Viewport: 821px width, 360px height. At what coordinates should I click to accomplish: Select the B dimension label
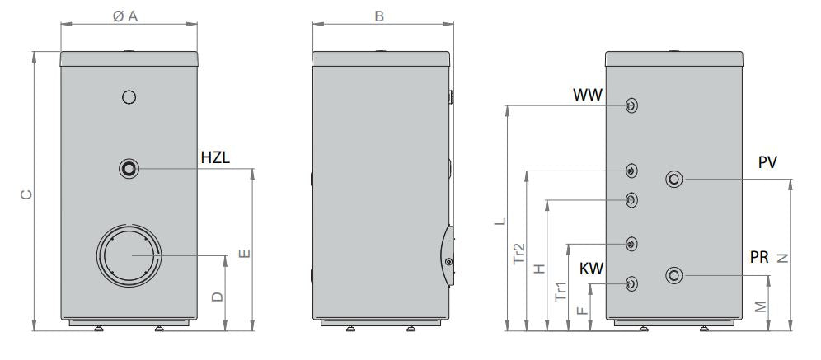379,16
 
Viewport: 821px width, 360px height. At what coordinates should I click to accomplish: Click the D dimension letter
217,297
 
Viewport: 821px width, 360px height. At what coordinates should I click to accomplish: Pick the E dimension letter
245,255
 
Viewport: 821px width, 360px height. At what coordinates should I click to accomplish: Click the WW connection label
589,96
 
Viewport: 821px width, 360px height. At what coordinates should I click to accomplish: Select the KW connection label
590,269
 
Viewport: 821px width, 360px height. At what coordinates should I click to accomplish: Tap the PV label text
767,163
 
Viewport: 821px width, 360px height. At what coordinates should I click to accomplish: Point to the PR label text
759,258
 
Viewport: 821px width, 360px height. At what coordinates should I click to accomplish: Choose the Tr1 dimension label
561,292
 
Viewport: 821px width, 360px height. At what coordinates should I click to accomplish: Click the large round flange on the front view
129,255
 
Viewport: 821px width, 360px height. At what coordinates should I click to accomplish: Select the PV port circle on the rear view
674,179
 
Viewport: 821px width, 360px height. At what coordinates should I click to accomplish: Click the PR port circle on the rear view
674,274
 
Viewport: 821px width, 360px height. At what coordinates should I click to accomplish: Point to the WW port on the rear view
631,105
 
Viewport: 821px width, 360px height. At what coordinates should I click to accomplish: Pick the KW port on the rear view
631,283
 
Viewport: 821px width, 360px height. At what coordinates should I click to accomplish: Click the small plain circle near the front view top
129,97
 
